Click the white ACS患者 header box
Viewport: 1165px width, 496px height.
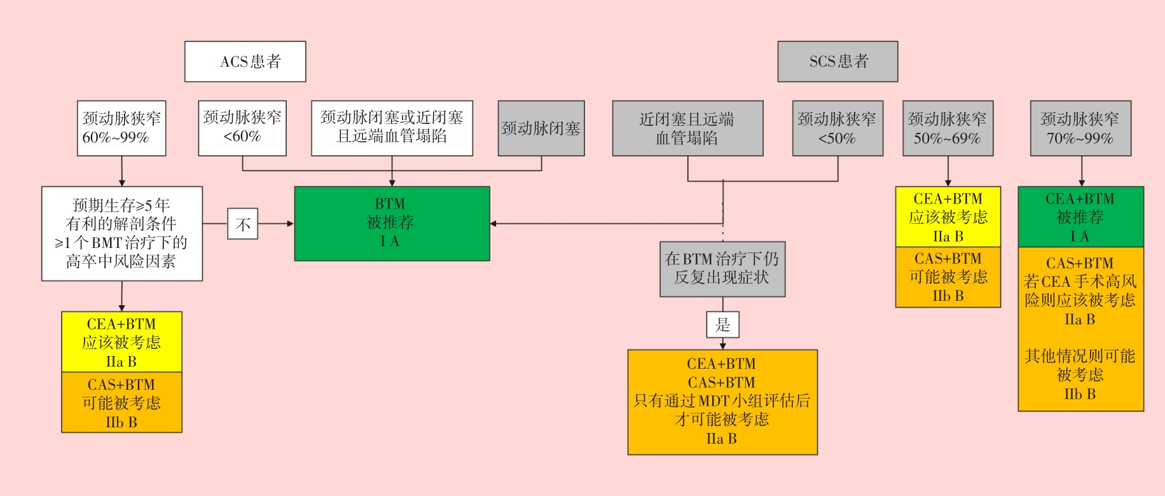click(x=245, y=62)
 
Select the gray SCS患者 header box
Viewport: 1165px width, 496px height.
click(x=838, y=62)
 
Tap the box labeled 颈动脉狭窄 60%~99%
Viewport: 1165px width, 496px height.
click(x=121, y=128)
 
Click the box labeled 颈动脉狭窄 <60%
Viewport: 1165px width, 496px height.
click(x=242, y=128)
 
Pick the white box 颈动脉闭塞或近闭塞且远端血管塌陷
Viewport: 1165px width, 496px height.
click(x=392, y=128)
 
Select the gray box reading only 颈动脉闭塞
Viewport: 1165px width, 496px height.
click(x=541, y=128)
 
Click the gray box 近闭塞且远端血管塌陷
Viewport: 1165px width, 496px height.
click(x=687, y=128)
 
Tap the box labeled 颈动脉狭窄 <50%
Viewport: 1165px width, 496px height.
click(x=838, y=128)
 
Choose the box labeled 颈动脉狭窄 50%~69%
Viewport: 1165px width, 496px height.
click(x=948, y=128)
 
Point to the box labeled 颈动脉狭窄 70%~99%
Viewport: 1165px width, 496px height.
click(x=1080, y=128)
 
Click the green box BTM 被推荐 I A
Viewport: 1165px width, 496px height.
click(x=392, y=223)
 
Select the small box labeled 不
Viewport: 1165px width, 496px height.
click(x=243, y=224)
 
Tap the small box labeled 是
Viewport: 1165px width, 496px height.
click(x=722, y=325)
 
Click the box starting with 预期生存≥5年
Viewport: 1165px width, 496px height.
click(x=122, y=233)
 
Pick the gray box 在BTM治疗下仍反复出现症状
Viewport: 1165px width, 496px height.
click(x=722, y=269)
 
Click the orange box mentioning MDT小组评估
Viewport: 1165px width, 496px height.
click(x=722, y=402)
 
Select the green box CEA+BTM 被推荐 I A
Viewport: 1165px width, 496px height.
click(x=1080, y=217)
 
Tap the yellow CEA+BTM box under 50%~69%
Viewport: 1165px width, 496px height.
click(x=948, y=217)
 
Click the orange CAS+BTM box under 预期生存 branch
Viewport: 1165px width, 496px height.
click(x=121, y=403)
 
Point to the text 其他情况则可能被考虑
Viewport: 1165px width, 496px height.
click(x=1080, y=365)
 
